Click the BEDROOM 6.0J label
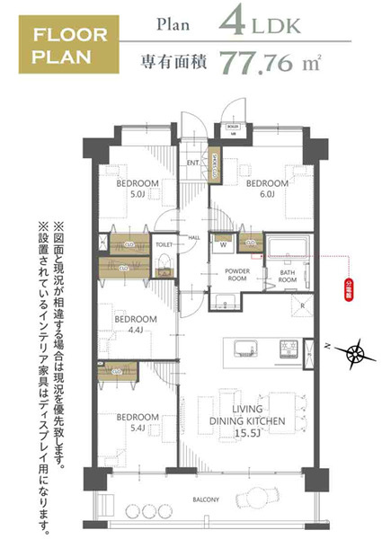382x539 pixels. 267,188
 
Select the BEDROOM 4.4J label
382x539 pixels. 136,323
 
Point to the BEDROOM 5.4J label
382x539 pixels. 138,422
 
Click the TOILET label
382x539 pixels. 164,243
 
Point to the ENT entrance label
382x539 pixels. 192,163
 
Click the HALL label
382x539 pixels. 193,237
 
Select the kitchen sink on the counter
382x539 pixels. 242,348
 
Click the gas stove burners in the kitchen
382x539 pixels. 288,347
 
